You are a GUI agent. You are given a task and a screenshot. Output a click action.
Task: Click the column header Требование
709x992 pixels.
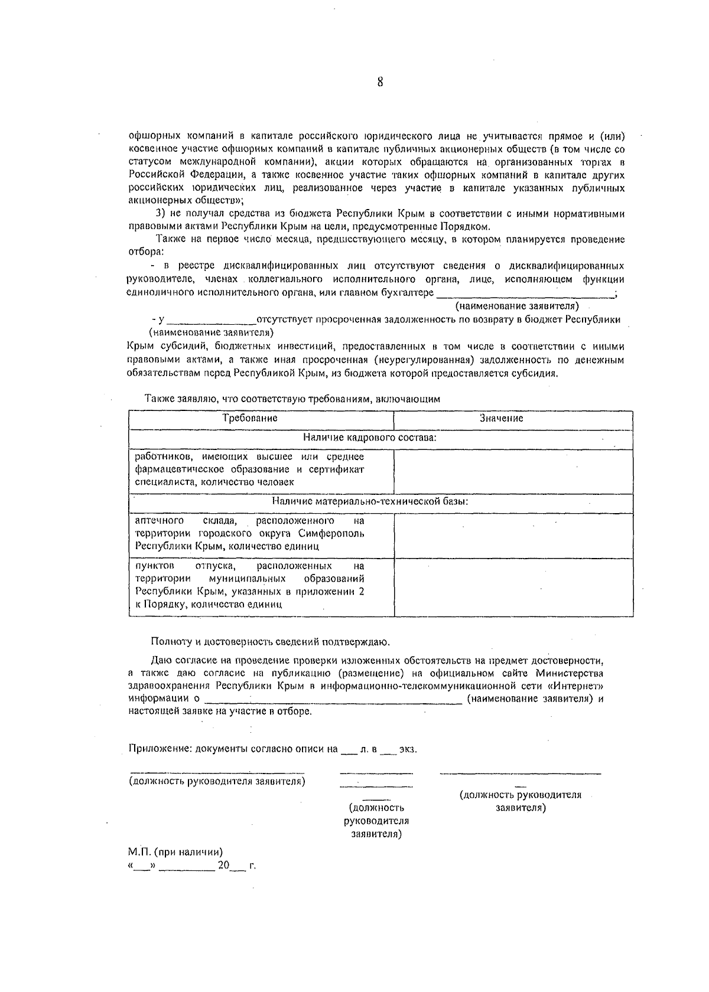tap(250, 418)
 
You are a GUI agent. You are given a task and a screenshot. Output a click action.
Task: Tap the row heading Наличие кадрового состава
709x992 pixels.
tap(370, 438)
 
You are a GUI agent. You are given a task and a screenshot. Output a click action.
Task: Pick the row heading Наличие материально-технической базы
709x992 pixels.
tap(370, 501)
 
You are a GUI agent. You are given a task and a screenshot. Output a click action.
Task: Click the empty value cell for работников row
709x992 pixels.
tap(513, 470)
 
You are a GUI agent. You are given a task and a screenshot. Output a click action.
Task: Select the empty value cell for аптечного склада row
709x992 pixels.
tap(513, 534)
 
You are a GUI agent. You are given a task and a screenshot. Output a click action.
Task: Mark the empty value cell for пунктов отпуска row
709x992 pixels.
tap(513, 586)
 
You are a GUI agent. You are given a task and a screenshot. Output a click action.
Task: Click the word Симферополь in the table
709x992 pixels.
tap(334, 533)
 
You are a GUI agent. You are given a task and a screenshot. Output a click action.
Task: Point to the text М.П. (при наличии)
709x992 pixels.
tap(175, 852)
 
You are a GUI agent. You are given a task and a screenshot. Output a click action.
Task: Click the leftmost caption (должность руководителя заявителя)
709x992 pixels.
tap(217, 781)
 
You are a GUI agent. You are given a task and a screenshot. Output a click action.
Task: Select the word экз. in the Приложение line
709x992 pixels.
tap(408, 749)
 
